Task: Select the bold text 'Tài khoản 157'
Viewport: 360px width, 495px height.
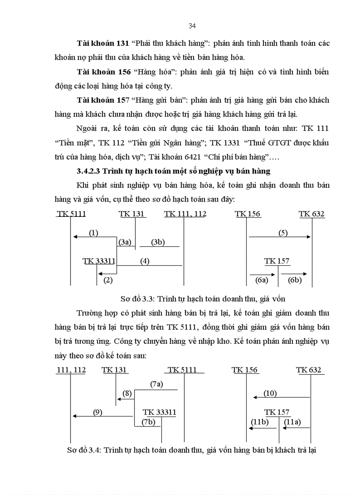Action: point(102,100)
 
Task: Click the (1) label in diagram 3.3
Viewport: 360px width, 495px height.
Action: point(94,233)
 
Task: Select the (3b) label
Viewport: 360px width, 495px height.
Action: point(157,242)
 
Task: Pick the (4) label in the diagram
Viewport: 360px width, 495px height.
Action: point(145,261)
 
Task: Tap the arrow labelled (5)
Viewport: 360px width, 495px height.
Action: point(280,237)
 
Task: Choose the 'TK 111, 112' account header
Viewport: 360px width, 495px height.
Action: point(185,214)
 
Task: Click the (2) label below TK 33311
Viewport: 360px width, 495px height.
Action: point(108,279)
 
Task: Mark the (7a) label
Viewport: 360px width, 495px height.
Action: point(157,384)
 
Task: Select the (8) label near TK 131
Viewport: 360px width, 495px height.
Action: point(127,393)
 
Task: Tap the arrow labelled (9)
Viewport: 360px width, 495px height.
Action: point(102,415)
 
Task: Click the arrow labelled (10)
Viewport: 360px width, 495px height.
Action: point(281,397)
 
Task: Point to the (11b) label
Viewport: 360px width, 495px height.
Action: point(259,422)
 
